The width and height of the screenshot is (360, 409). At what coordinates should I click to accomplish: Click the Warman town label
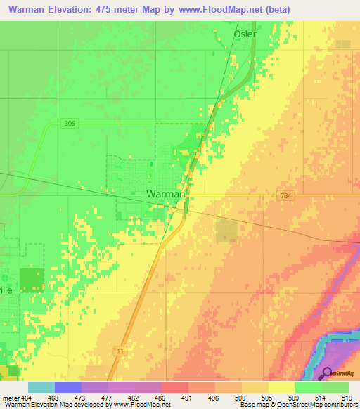[166, 194]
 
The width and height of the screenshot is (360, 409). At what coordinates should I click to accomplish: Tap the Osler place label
[245, 34]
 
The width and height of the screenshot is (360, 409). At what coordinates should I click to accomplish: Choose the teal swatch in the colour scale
[41, 387]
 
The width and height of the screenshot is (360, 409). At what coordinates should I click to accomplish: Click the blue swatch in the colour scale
[67, 387]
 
